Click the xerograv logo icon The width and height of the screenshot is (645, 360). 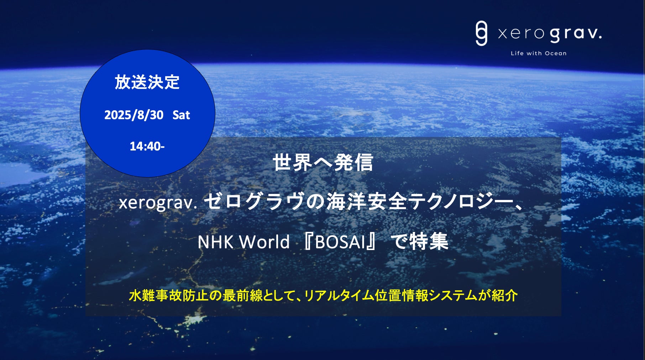[481, 33]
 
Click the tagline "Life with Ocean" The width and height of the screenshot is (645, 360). [539, 53]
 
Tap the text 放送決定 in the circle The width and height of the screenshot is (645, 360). [147, 82]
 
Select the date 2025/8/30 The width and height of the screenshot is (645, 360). [134, 115]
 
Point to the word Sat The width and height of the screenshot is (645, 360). [181, 115]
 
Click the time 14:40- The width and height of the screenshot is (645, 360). [147, 146]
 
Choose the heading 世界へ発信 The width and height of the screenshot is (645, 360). [323, 163]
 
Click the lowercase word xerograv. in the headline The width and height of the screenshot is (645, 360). [158, 203]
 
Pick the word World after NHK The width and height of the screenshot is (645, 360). [264, 242]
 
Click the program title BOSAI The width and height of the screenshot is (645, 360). [341, 242]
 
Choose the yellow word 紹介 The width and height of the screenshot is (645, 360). [504, 296]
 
